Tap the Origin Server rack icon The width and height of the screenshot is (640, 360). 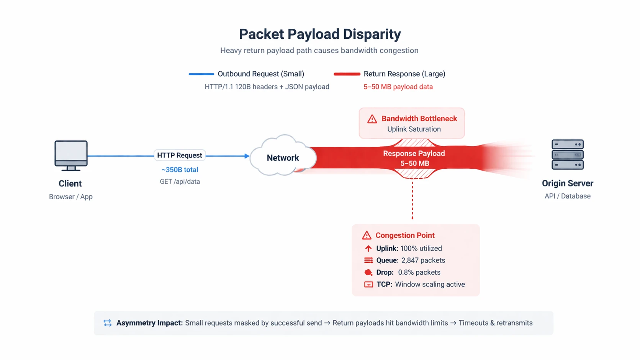pyautogui.click(x=567, y=154)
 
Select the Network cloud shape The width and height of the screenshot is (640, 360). pyautogui.click(x=283, y=157)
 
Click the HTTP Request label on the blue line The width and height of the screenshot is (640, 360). pyautogui.click(x=179, y=155)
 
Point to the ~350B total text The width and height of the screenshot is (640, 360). pyautogui.click(x=180, y=170)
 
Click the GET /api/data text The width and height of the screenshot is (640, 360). pyautogui.click(x=180, y=182)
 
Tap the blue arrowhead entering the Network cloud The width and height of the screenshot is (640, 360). pyautogui.click(x=247, y=156)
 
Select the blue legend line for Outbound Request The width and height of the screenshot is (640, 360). pyautogui.click(x=201, y=74)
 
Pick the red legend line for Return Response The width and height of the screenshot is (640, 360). pyautogui.click(x=347, y=74)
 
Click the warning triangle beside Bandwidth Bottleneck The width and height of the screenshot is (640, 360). pyautogui.click(x=372, y=119)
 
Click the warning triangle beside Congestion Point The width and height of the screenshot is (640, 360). pyautogui.click(x=367, y=235)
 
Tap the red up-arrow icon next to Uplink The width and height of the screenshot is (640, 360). pyautogui.click(x=368, y=249)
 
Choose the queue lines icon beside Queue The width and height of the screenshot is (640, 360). pyautogui.click(x=368, y=260)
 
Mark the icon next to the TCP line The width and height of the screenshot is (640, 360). pyautogui.click(x=368, y=285)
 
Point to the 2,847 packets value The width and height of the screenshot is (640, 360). pyautogui.click(x=423, y=260)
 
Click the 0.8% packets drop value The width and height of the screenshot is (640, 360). pyautogui.click(x=419, y=272)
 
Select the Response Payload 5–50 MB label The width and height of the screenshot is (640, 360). pyautogui.click(x=414, y=158)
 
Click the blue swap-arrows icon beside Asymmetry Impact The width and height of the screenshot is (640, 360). pyautogui.click(x=108, y=323)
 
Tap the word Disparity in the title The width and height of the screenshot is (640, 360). pyautogui.click(x=372, y=34)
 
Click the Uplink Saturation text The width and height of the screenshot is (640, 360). pyautogui.click(x=414, y=129)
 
